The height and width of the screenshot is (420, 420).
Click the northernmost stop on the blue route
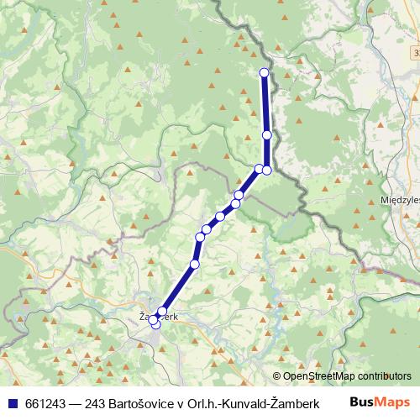coord(265,72)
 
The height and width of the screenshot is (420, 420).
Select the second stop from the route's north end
coord(267,134)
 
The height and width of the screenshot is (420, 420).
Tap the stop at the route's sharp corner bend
coord(267,170)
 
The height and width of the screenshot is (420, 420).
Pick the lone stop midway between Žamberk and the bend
coord(195,265)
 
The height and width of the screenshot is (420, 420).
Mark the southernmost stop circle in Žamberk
coord(155,324)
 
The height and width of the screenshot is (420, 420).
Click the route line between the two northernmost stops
coord(265,103)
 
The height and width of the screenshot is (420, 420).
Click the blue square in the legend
coord(9,402)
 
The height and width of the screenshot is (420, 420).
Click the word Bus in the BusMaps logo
coord(363,402)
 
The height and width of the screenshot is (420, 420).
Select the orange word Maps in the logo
coord(393,402)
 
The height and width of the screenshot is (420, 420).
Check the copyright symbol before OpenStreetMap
coord(277,377)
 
